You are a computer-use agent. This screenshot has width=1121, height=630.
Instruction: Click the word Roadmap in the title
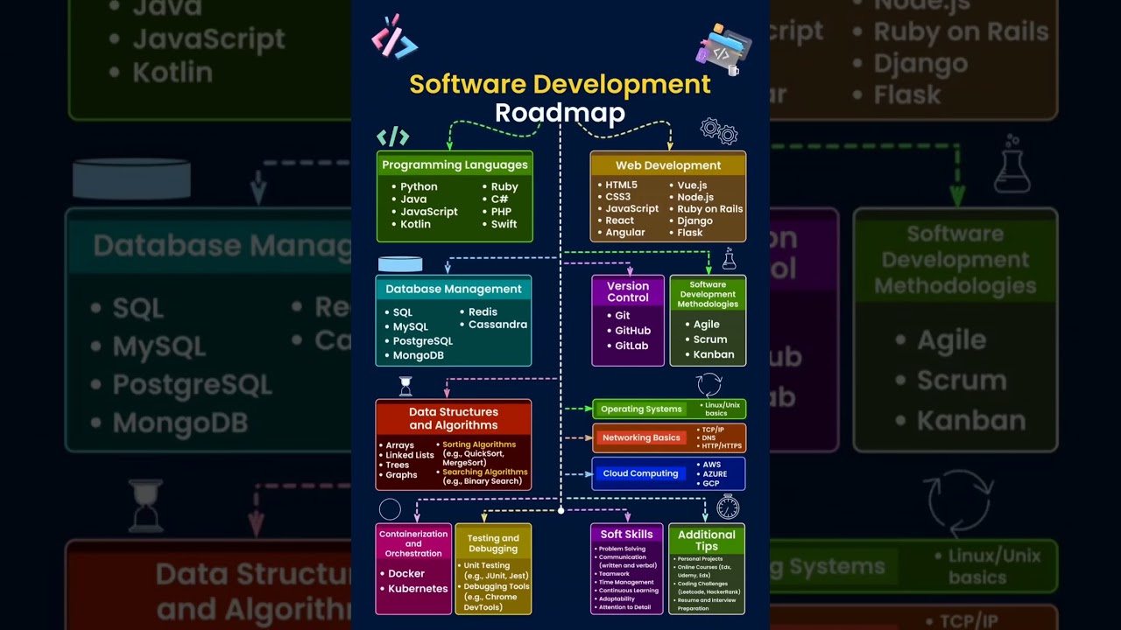560,113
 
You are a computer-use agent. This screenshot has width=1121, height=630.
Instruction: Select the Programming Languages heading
455,164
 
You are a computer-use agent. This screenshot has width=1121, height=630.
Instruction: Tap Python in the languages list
419,186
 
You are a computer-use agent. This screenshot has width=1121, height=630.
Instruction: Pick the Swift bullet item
504,224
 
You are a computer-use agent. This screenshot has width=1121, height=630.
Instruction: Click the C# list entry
499,199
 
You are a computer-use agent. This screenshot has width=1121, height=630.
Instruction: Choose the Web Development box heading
667,164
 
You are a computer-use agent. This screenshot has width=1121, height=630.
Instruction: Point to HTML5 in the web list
621,185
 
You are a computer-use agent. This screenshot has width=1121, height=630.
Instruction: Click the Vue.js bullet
692,185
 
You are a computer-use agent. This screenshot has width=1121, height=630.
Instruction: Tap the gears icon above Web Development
719,131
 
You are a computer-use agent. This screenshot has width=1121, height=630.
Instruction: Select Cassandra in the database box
497,325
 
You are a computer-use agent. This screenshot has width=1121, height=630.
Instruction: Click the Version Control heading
628,291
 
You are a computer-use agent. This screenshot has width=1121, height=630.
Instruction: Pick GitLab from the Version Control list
631,346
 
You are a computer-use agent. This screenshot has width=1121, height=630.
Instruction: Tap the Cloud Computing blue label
640,473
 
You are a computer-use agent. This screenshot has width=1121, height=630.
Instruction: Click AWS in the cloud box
711,465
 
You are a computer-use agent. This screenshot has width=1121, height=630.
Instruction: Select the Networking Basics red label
641,437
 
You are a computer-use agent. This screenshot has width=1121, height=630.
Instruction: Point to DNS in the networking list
709,437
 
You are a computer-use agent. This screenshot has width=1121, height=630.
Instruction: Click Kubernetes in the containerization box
418,589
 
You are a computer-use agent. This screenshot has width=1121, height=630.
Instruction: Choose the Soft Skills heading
626,534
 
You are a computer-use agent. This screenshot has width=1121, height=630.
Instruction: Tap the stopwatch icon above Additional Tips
728,507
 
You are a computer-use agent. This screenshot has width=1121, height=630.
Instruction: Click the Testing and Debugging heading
493,543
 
